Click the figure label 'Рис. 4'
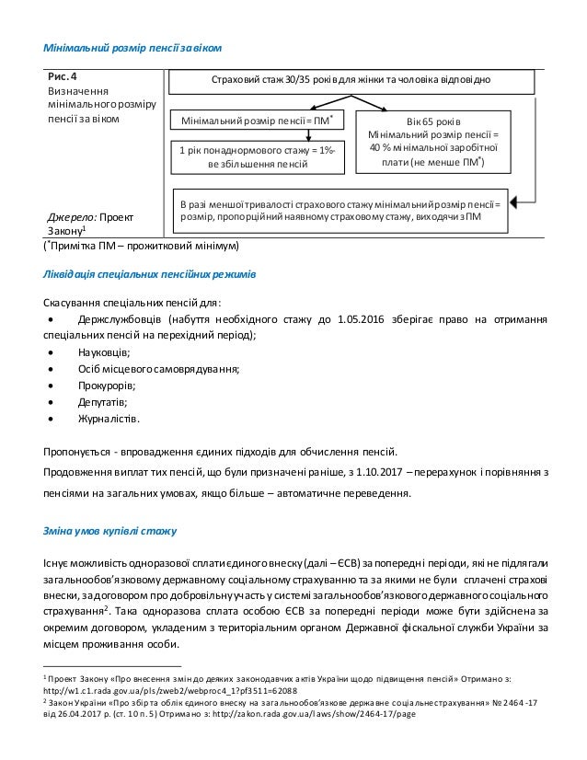(x=63, y=76)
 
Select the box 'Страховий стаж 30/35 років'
(x=354, y=80)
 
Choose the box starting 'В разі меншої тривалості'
(x=343, y=210)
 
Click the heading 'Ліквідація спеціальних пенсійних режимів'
(x=157, y=274)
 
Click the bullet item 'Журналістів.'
(x=109, y=419)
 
